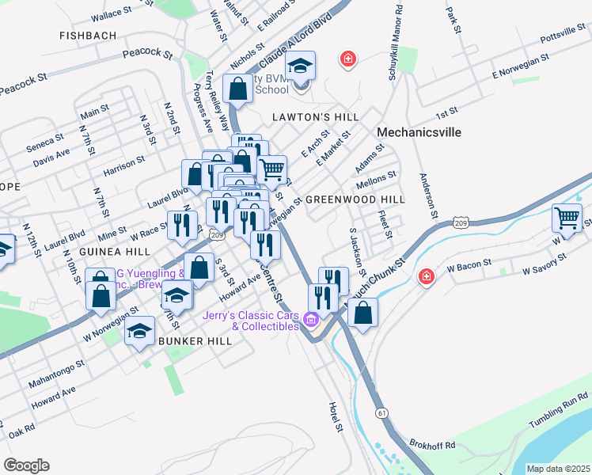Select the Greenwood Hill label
point(355,199)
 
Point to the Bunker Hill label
point(195,340)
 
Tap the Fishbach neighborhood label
point(88,36)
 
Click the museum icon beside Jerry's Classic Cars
point(310,320)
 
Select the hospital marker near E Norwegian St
point(347,59)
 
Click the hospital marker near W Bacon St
point(427,276)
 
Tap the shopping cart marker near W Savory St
point(567,218)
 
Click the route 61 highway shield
point(383,413)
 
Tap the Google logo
point(26,465)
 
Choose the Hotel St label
point(336,416)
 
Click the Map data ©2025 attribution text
point(557,469)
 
